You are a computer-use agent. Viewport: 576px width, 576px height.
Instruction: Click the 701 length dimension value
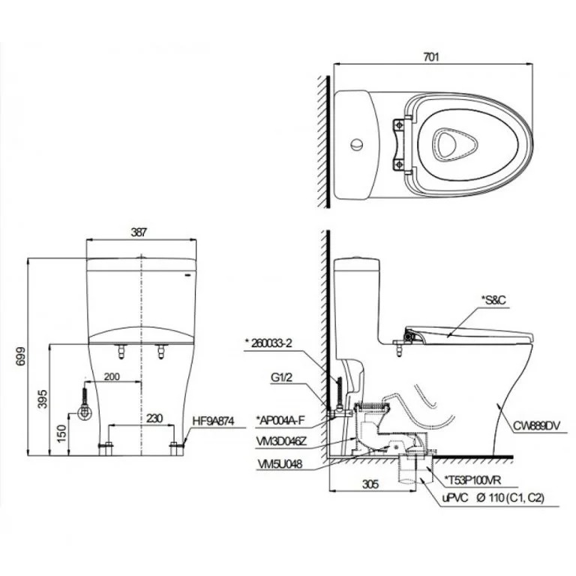[x=431, y=55]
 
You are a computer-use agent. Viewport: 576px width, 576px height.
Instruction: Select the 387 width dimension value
[x=139, y=232]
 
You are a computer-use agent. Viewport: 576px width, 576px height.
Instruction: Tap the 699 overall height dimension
[x=16, y=357]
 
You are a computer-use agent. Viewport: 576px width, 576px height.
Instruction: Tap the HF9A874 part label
[x=214, y=422]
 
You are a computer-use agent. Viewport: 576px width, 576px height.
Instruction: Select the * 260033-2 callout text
[x=271, y=343]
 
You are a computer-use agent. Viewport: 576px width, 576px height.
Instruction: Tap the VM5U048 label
[x=277, y=464]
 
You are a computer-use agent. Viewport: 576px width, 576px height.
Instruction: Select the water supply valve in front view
[x=85, y=412]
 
